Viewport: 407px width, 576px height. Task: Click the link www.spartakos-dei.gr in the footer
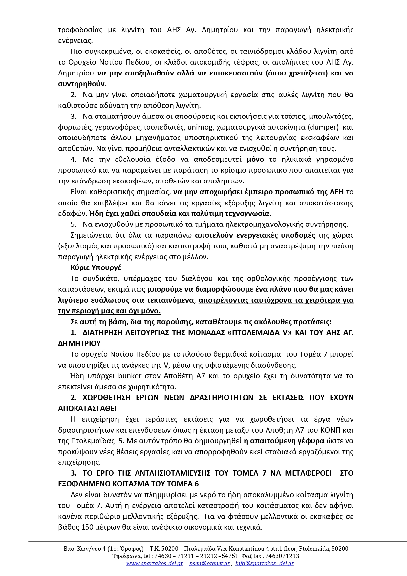coord(155,564)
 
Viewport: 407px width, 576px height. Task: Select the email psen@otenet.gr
coord(209,564)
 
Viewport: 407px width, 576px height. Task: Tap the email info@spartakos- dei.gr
coord(264,564)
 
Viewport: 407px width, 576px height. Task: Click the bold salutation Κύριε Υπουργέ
coord(96,267)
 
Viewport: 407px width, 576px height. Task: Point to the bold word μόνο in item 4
coord(255,160)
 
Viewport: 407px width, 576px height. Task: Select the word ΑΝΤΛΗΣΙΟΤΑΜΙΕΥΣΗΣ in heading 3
coord(170,473)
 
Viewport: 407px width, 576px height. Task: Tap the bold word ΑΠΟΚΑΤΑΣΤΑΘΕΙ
coord(87,408)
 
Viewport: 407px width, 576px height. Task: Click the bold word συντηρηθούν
coord(81,84)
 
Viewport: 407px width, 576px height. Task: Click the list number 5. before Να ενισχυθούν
coord(74,224)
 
